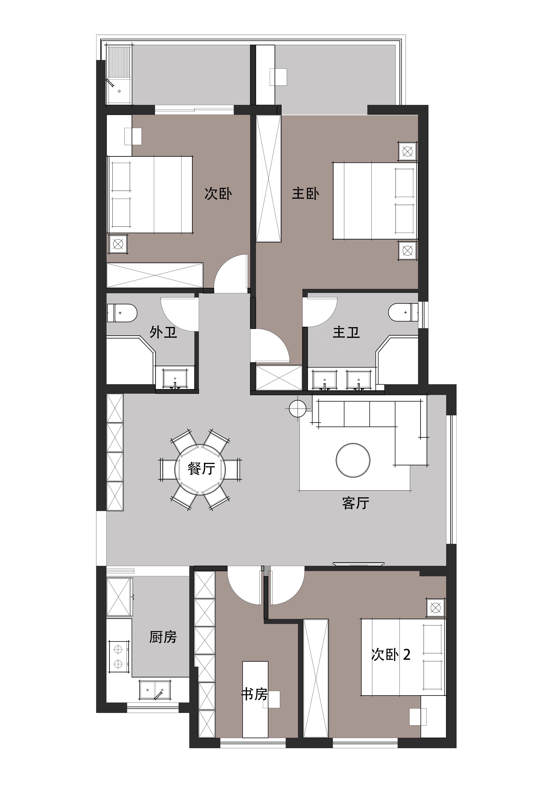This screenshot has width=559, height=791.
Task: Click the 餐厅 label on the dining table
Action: tap(201, 469)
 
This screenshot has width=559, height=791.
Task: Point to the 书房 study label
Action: tap(254, 694)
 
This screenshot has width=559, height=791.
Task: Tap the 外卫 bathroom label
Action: tap(163, 332)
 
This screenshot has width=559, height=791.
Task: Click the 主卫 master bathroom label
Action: tap(346, 332)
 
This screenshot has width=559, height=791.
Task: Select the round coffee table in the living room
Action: tap(353, 460)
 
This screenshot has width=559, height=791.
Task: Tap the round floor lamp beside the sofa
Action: tap(297, 409)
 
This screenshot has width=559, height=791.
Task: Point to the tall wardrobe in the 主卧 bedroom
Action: tap(269, 178)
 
